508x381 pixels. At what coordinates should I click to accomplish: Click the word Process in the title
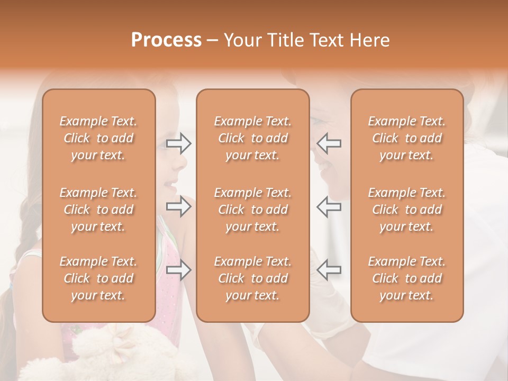(x=166, y=40)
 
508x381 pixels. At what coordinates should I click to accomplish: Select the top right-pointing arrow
(x=179, y=143)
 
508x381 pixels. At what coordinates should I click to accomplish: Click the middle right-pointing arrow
(x=179, y=206)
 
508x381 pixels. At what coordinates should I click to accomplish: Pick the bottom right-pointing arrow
(x=179, y=270)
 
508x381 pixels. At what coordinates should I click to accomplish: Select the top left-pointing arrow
(x=329, y=143)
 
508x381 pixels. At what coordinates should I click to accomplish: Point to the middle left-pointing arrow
(x=329, y=206)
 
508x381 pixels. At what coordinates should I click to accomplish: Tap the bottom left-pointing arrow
(x=329, y=270)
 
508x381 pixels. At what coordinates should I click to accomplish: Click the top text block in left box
(x=98, y=138)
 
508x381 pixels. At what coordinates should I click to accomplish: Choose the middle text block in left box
(x=98, y=210)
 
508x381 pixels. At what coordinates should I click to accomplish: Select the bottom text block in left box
(x=98, y=278)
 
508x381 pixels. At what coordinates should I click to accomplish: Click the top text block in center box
(x=252, y=138)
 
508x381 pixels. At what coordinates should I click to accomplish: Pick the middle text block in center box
(x=252, y=210)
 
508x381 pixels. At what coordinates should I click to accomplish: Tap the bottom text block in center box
(x=252, y=278)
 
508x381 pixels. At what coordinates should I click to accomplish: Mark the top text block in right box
(x=407, y=138)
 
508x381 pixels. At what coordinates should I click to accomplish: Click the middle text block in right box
(x=407, y=210)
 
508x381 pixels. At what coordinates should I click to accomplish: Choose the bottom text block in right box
(x=407, y=278)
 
